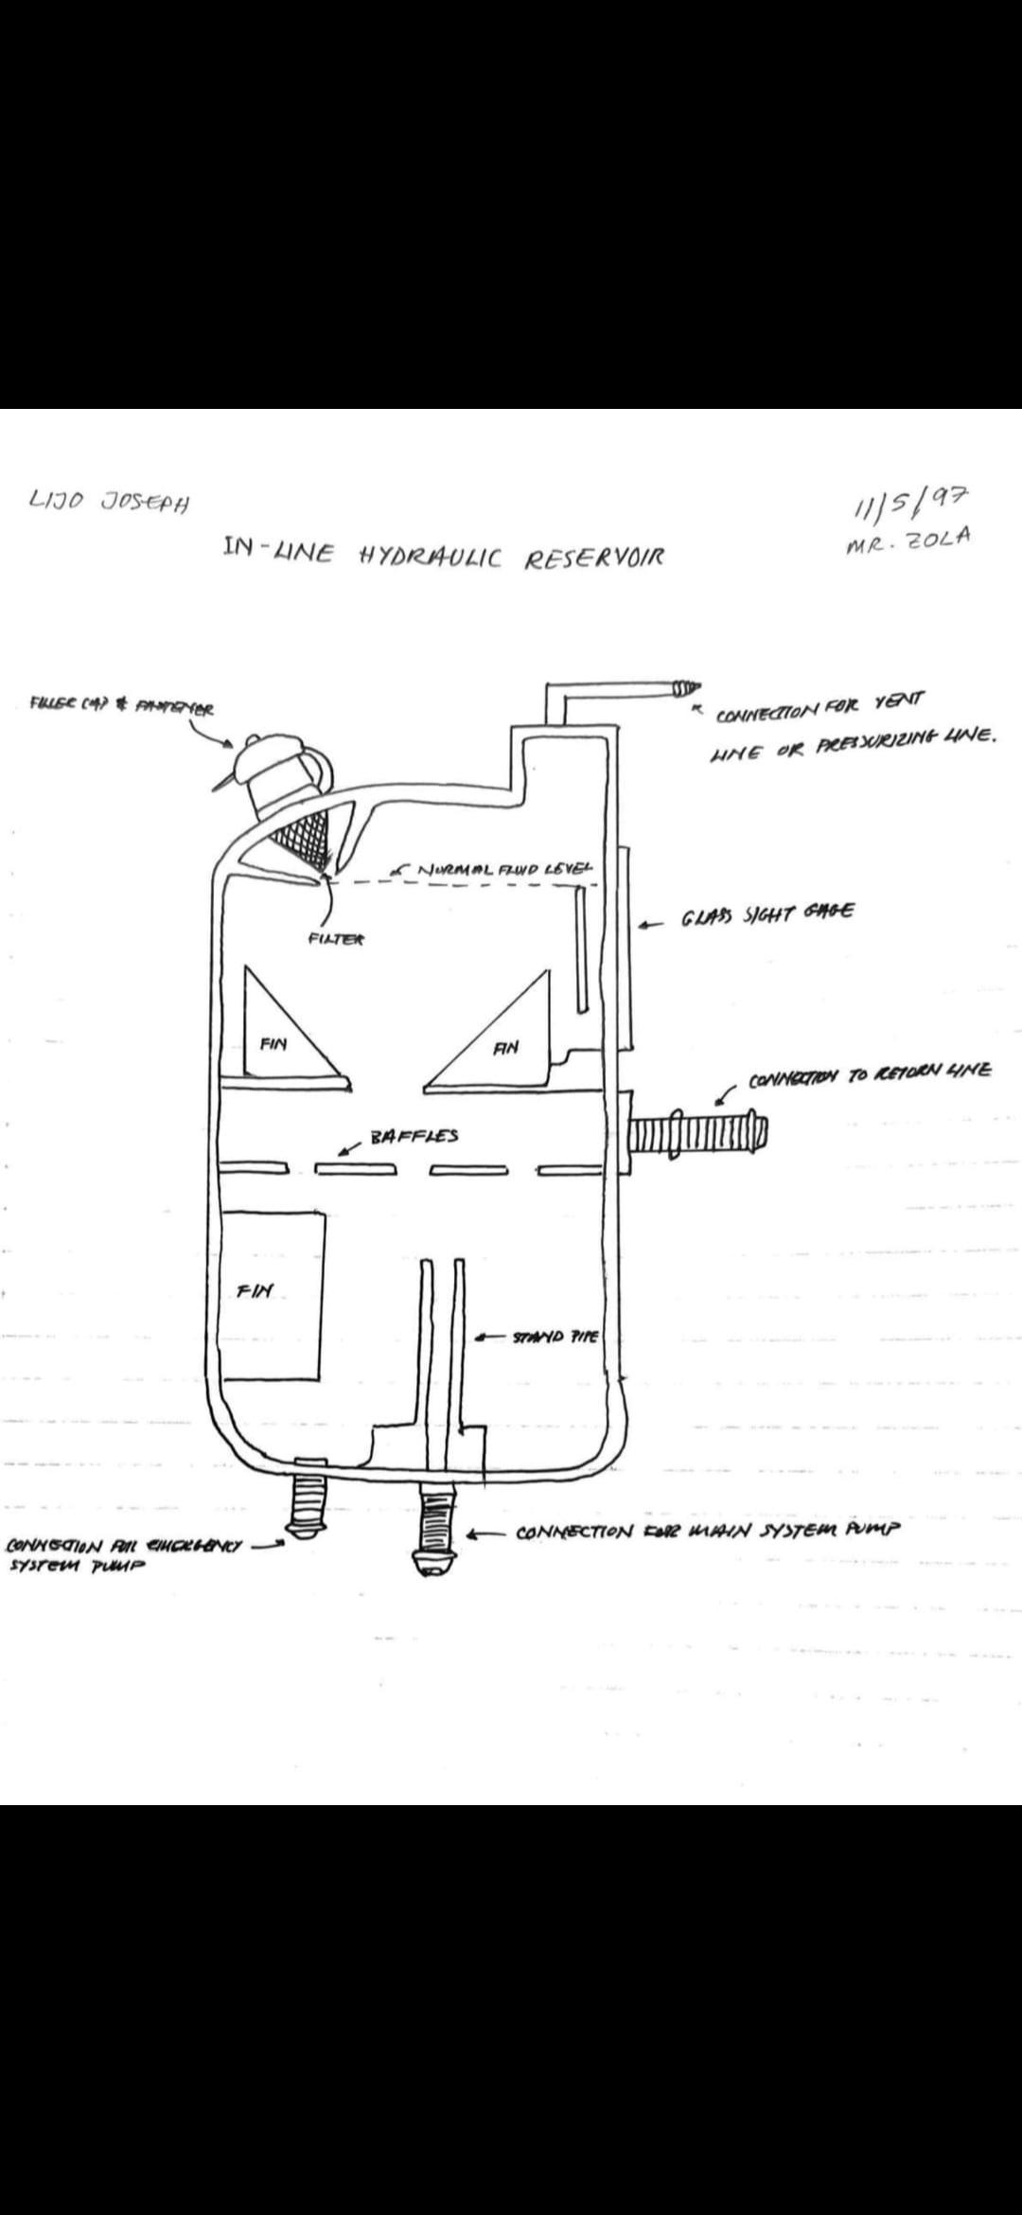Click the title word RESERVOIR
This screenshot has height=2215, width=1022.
click(x=594, y=558)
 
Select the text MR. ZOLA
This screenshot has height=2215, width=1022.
click(x=909, y=539)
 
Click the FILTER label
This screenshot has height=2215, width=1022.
click(x=336, y=939)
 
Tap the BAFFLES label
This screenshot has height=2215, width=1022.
click(x=414, y=1135)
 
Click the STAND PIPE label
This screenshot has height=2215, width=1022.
click(x=555, y=1337)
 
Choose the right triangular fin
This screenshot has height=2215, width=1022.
click(x=502, y=1041)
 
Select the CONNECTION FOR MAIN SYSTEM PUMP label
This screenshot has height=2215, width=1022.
click(x=708, y=1529)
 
